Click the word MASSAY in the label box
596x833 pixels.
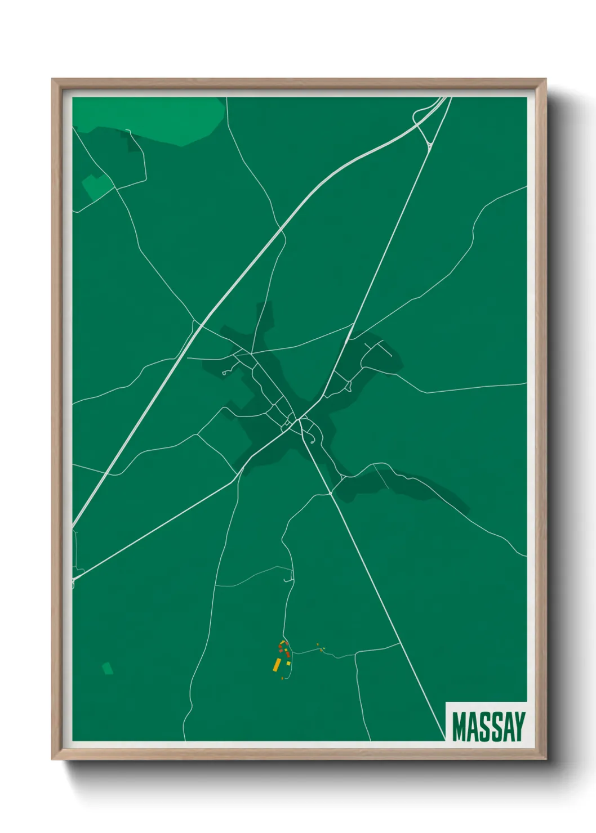[x=488, y=727]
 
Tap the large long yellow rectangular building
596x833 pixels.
[x=277, y=665]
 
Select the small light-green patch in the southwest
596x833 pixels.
[x=107, y=668]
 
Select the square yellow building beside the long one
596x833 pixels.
[x=288, y=664]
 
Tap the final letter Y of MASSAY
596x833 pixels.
[x=519, y=727]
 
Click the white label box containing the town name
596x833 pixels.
[x=486, y=722]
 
